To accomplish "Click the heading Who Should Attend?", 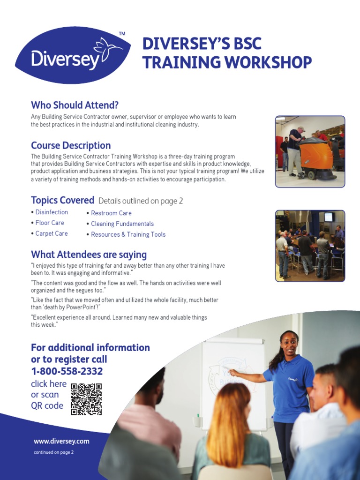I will coord(75,105).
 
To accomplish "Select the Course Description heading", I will coord(71,145).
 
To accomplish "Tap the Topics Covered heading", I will coord(62,200).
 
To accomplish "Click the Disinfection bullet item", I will coord(52,212).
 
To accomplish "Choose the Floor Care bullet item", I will coord(50,223).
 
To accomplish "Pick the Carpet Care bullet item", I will coord(52,233).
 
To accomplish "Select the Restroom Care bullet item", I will coord(111,213).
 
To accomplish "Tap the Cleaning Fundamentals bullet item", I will coord(122,224).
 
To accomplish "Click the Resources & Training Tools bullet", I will coord(128,234).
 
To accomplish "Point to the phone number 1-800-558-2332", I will coord(67,372).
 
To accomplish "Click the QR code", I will coord(86,399).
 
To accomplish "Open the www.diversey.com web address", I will coord(61,441).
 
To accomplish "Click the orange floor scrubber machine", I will coord(316,158).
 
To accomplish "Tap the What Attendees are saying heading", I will coord(89,255).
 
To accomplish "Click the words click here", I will coord(49,384).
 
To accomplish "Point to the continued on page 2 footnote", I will coord(53,452).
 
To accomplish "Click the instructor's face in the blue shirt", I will coord(289,346).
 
